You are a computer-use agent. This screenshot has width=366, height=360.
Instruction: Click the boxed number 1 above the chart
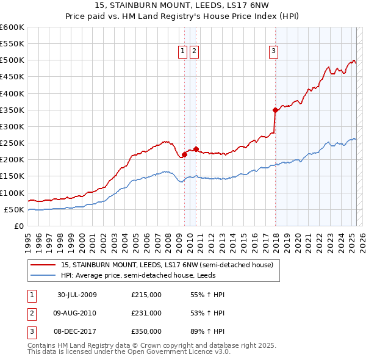coord(183,52)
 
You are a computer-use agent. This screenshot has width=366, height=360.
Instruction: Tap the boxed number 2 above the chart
coord(194,52)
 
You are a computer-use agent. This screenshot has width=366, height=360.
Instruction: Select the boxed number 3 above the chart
coord(274,52)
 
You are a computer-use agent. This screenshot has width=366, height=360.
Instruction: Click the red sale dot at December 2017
coord(275,110)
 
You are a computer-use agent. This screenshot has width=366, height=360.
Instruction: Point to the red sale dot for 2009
coord(185,154)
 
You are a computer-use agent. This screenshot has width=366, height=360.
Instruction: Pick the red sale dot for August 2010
coord(196,149)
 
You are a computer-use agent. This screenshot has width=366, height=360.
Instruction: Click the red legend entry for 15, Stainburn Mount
coord(170,265)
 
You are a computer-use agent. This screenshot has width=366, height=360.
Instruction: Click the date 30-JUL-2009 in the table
coord(77,295)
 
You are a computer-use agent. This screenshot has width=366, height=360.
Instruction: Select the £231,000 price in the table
coord(146,313)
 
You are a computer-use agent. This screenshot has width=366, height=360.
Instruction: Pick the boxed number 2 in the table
coord(31,313)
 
